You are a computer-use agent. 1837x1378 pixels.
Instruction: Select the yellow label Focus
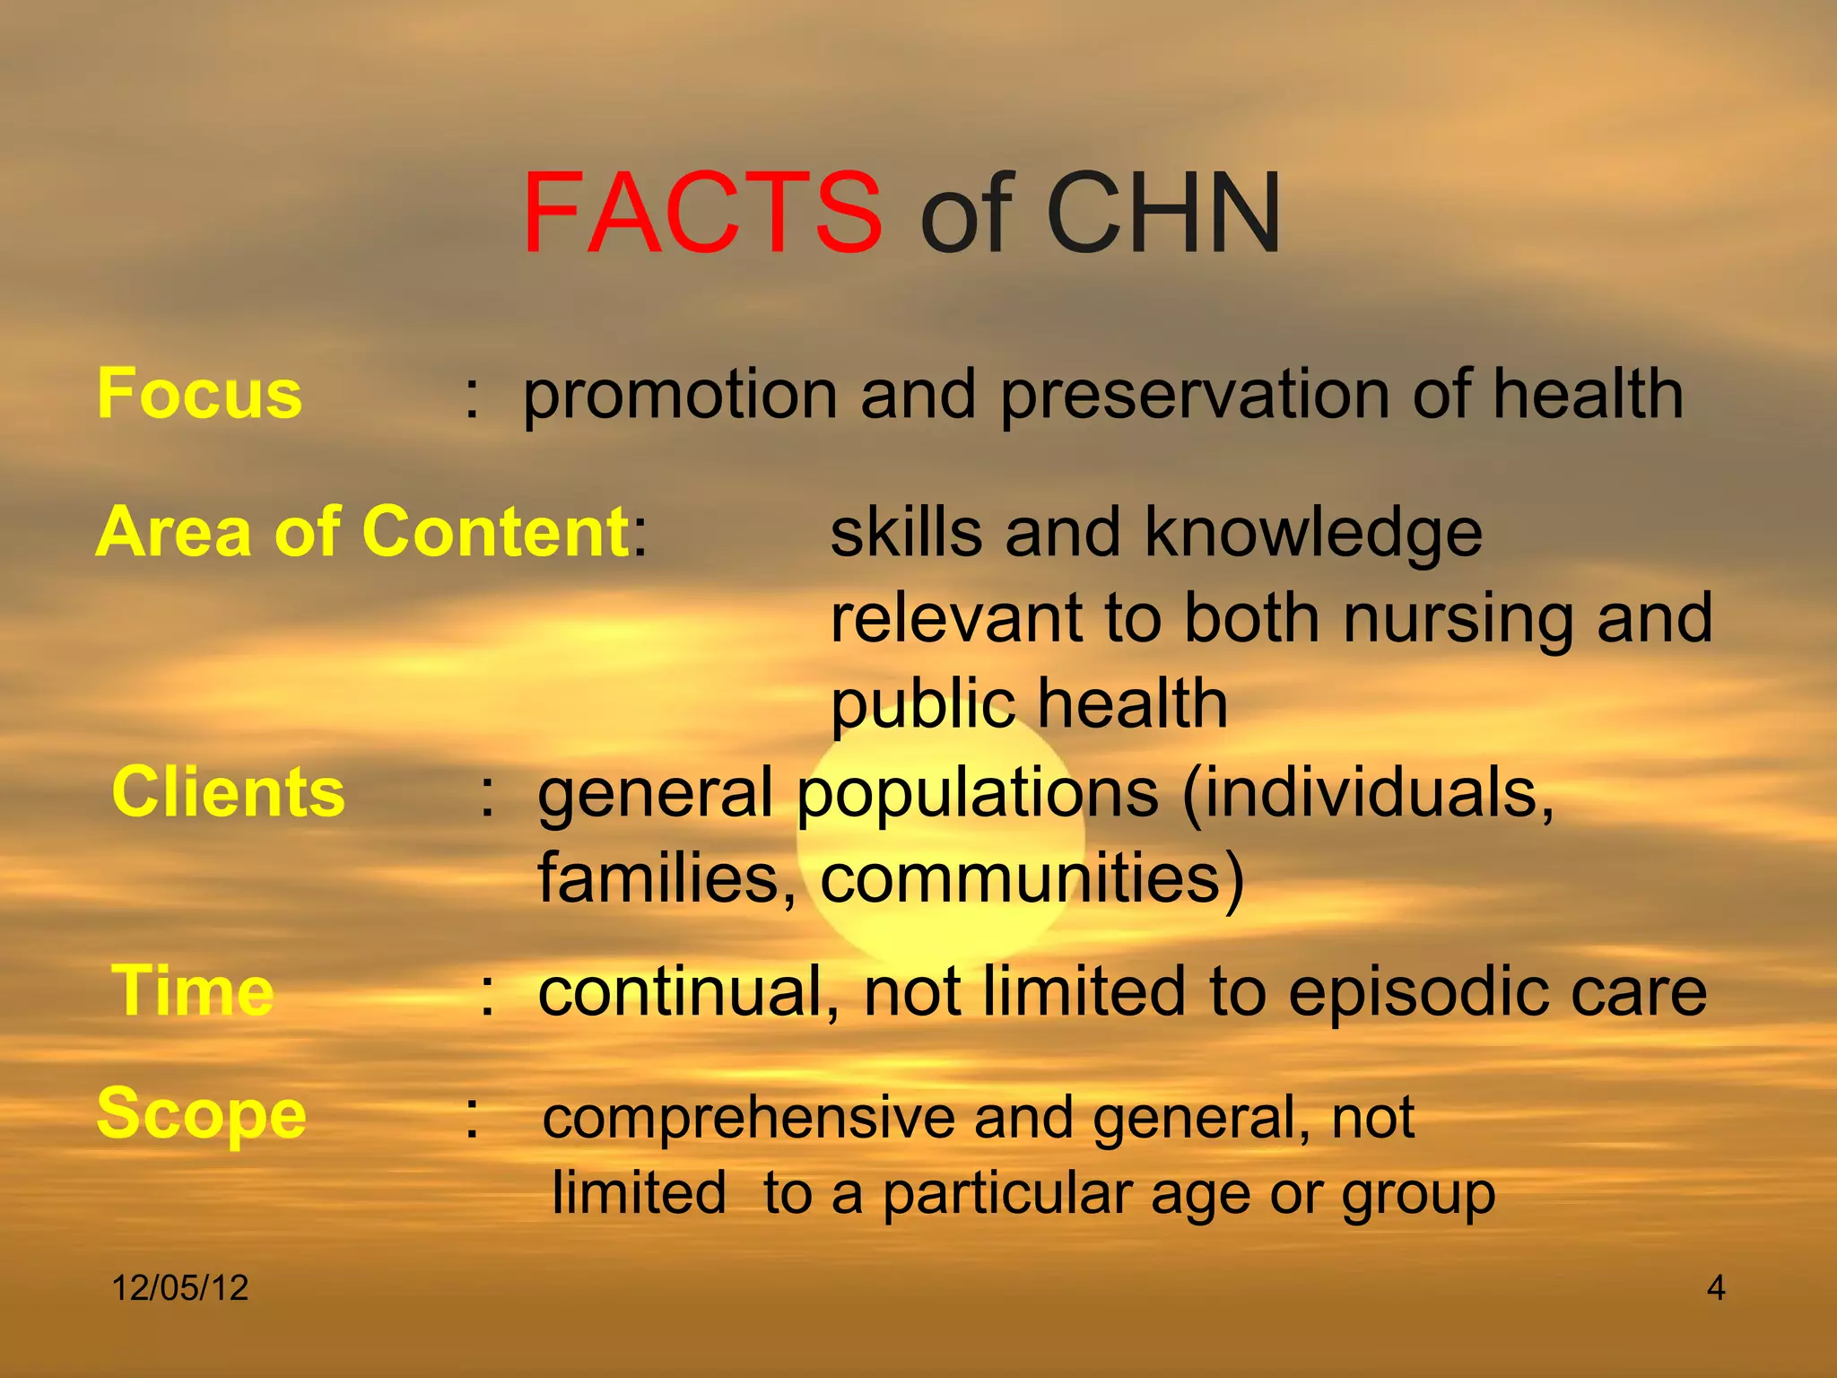click(x=199, y=394)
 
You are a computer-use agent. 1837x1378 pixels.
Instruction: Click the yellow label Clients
click(x=228, y=792)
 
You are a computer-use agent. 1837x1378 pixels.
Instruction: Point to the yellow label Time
click(x=192, y=990)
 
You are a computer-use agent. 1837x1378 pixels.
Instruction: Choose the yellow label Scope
click(x=202, y=1114)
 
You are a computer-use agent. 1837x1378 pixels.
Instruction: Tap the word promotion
click(x=680, y=396)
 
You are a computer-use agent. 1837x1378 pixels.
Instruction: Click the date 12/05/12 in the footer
click(x=179, y=1288)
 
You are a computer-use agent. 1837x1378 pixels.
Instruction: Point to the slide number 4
click(x=1715, y=1288)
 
